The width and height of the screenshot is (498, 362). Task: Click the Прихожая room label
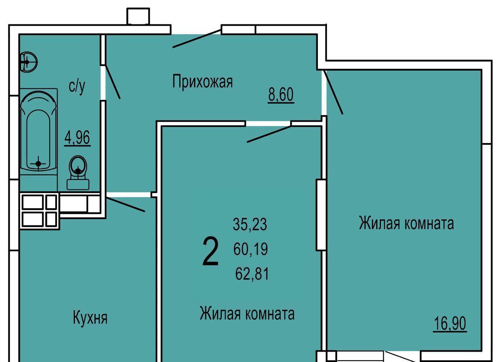[202, 82]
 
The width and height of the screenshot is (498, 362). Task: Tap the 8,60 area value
[281, 95]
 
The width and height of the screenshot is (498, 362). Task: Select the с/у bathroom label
[77, 86]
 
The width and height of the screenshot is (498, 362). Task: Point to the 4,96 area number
[77, 138]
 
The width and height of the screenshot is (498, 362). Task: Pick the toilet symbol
[78, 172]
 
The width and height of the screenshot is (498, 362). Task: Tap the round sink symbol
[29, 61]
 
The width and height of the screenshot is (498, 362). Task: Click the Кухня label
[90, 318]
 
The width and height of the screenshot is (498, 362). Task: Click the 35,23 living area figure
[250, 224]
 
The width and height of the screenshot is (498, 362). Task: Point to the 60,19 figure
[251, 249]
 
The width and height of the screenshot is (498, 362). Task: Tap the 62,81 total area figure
[252, 273]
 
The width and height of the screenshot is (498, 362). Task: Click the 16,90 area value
[450, 324]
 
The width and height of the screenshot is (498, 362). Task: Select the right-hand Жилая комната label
[406, 223]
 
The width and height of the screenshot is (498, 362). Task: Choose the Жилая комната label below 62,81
[247, 313]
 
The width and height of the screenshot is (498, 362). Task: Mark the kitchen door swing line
[126, 204]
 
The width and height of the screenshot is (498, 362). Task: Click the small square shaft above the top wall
[138, 16]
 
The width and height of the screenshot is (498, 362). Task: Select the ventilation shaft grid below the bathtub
[39, 210]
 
